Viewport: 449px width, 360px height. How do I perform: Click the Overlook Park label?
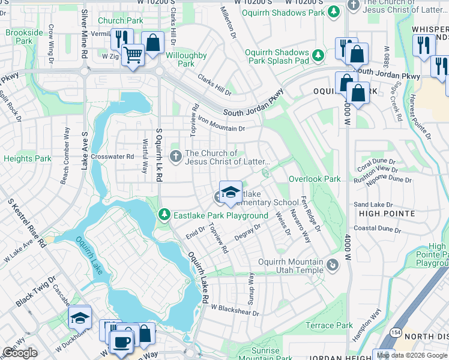click(x=315, y=179)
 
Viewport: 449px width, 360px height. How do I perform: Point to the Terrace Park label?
click(x=329, y=325)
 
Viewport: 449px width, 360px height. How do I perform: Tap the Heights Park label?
click(x=28, y=158)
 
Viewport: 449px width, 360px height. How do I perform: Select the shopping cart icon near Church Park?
click(x=133, y=55)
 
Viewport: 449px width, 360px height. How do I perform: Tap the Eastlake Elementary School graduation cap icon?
click(x=231, y=192)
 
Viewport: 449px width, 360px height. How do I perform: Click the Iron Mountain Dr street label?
click(x=221, y=124)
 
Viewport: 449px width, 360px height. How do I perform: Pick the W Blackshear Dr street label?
click(x=234, y=310)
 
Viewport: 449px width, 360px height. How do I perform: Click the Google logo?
click(x=20, y=352)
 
